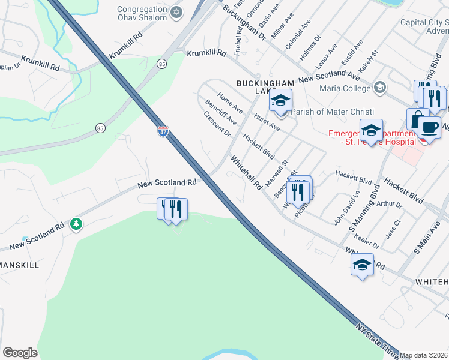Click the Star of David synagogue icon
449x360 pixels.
[x=176, y=11]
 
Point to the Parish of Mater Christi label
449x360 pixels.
[x=332, y=112]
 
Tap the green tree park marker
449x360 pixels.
[x=76, y=224]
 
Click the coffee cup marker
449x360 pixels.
[x=429, y=127]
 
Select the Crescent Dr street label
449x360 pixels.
[x=217, y=124]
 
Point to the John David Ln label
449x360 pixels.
[x=346, y=206]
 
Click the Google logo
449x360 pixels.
[x=20, y=353]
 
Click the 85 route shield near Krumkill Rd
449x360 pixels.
[x=162, y=63]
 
